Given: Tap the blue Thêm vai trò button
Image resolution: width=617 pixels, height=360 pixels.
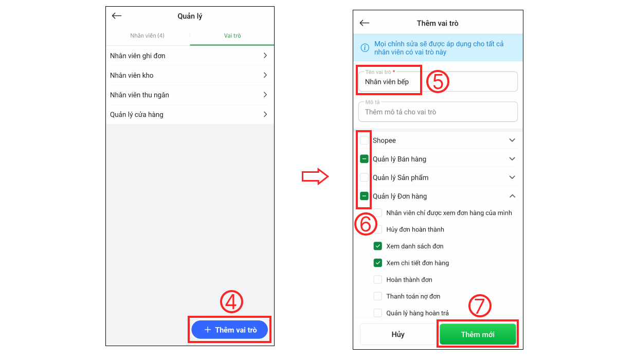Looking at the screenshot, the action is tap(229, 330).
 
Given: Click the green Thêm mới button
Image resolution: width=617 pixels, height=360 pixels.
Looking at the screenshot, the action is tap(478, 334).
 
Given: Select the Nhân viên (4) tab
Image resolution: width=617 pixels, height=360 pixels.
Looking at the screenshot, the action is tap(147, 35).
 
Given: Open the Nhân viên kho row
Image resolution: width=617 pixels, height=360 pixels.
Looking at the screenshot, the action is tap(190, 75).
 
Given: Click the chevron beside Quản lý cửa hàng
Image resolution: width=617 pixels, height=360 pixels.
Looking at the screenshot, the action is tap(265, 114).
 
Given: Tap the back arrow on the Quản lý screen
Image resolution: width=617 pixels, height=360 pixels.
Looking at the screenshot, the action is tap(117, 16).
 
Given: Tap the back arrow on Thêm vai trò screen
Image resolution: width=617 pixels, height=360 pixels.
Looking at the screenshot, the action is tap(365, 23).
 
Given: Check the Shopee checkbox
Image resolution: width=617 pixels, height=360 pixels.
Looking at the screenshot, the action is tap(364, 140).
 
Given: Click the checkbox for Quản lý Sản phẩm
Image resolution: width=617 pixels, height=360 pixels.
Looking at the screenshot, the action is tap(364, 177).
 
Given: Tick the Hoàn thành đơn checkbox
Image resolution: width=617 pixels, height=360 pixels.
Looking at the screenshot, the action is tap(377, 280).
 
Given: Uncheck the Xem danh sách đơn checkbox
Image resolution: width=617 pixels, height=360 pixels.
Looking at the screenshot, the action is tap(377, 246).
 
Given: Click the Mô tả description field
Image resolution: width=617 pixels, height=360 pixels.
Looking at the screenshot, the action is tap(438, 112).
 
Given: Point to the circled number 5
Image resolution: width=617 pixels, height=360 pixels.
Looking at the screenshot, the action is tap(438, 81).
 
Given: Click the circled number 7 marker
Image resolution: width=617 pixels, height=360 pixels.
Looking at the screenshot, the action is tap(480, 305).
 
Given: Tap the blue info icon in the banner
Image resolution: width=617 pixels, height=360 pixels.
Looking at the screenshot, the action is tap(365, 48).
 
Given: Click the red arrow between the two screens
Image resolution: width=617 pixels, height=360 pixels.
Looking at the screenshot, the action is tap(315, 176).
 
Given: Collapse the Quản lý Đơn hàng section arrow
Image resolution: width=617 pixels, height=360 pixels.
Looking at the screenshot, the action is tap(512, 196).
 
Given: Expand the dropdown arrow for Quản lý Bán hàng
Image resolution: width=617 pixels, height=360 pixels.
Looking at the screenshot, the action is tap(512, 159).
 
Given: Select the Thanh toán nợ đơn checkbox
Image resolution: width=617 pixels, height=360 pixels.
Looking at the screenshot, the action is tap(377, 296).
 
